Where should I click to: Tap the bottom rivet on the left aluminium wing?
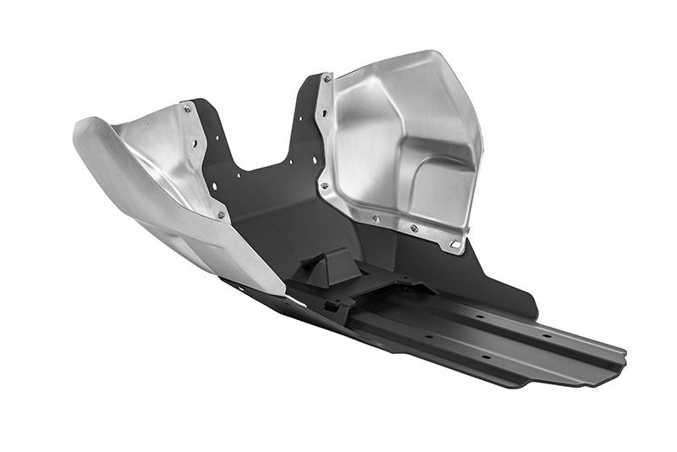coord(222,215)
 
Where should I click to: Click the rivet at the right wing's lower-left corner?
coord(324,185)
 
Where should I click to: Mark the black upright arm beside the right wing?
coord(309,119)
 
